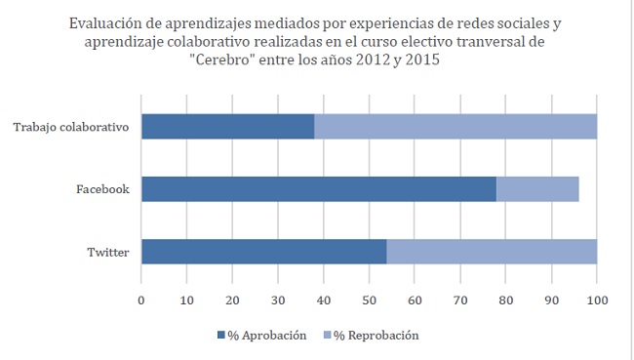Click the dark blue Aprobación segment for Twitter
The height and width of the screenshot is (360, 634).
263,251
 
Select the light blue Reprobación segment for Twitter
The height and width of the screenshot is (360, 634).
491,251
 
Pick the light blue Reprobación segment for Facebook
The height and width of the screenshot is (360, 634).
537,188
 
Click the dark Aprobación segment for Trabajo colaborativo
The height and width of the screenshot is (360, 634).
227,126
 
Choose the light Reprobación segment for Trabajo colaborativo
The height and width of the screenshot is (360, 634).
455,126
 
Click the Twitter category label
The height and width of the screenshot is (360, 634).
108,251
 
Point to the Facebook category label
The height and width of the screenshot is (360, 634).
102,188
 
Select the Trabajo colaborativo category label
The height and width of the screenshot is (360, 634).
71,126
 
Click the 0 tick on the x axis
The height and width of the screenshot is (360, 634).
141,300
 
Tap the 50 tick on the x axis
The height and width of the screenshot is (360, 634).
369,300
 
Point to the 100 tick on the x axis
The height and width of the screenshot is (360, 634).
596,300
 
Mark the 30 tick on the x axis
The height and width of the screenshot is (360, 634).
278,300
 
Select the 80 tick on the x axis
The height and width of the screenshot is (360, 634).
505,300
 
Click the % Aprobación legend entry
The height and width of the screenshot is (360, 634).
260,335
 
